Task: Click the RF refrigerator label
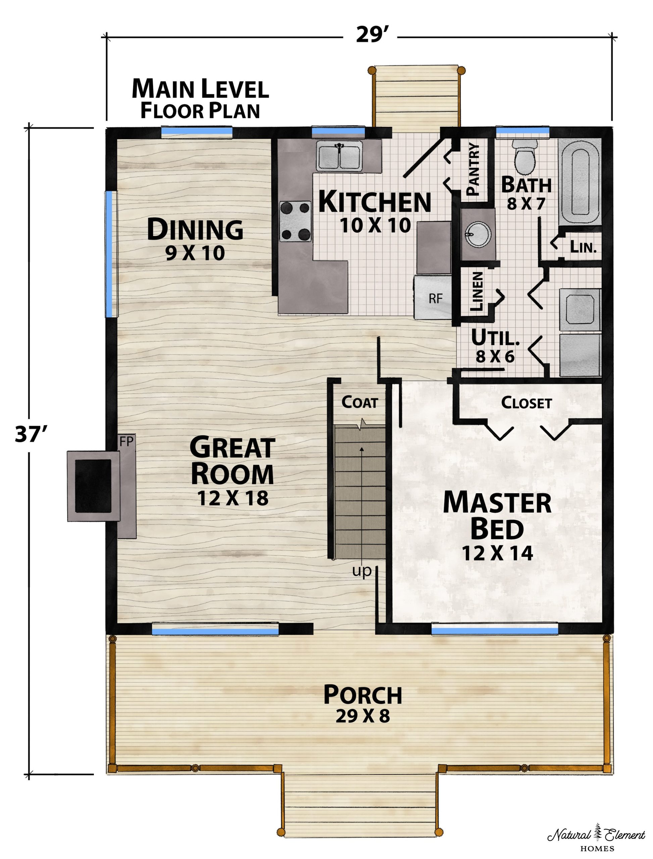[435, 299]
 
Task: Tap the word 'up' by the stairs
[361, 571]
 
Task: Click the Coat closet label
[359, 402]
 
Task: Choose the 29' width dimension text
[370, 35]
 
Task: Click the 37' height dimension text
[30, 434]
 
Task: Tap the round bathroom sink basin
[478, 234]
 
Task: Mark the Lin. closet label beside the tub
[583, 247]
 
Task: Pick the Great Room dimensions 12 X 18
[233, 498]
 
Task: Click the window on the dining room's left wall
[111, 254]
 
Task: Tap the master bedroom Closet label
[526, 403]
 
